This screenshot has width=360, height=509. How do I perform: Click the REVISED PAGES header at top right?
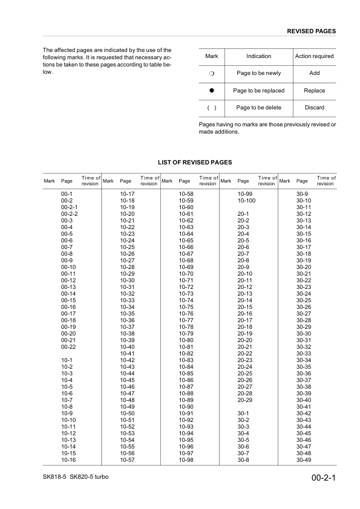311,31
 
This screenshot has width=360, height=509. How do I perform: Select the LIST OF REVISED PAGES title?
194,163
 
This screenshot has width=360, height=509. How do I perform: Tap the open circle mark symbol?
212,74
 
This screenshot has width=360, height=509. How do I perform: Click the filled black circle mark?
212,91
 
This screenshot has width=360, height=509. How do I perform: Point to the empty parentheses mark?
212,108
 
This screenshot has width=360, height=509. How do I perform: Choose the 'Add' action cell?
314,73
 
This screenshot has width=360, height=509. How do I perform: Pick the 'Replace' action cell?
314,91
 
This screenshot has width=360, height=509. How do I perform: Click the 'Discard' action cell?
314,108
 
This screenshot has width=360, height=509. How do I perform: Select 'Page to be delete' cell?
258,108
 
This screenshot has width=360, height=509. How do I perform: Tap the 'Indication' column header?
258,56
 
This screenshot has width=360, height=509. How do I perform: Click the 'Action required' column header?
314,56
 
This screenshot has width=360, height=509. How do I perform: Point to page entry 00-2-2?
70,214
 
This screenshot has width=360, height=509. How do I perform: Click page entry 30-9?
302,192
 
